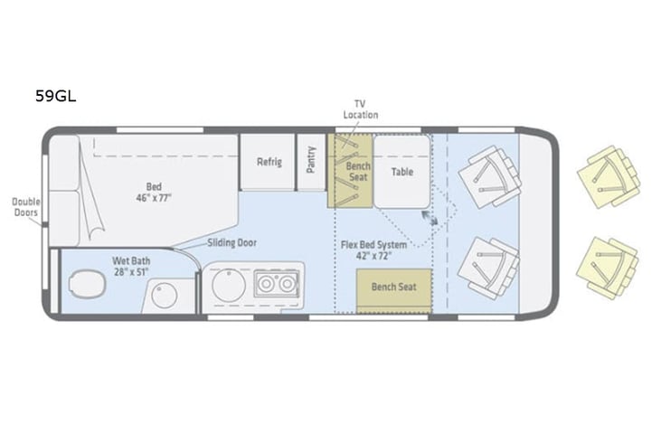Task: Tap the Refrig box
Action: [269, 163]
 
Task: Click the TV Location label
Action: [360, 109]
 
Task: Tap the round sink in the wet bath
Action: [165, 296]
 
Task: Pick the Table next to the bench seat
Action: [401, 171]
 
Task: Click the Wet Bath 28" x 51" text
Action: [132, 266]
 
